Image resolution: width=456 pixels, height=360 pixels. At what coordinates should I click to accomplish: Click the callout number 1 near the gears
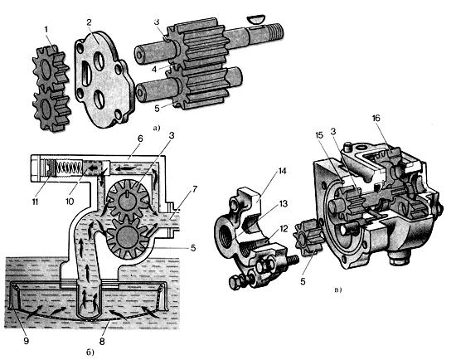point(46,29)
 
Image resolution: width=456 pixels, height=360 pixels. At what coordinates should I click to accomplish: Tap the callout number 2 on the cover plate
point(89,22)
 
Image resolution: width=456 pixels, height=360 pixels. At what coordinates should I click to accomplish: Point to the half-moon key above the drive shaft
point(255,20)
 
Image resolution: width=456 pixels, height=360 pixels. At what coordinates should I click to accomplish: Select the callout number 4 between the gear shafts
point(154,70)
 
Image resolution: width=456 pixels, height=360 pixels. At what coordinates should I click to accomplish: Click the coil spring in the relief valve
point(70,168)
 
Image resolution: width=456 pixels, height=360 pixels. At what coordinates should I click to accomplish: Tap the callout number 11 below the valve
point(35,202)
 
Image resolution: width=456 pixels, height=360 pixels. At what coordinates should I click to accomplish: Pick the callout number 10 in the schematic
point(70,202)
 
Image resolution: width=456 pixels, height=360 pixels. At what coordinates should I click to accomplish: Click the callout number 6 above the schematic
point(140,139)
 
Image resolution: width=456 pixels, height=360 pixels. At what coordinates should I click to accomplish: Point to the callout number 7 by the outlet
point(194,189)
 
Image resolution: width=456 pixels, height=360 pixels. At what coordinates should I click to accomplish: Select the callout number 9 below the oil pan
point(27,340)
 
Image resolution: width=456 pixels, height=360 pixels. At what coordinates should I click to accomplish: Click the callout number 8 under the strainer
point(102,341)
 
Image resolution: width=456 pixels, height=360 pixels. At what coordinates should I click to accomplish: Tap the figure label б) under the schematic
point(90,353)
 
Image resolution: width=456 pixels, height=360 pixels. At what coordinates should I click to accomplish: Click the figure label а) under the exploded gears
point(157,128)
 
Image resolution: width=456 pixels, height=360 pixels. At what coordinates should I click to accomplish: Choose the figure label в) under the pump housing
point(337,289)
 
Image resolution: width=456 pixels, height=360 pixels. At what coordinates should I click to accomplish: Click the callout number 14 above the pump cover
point(282,171)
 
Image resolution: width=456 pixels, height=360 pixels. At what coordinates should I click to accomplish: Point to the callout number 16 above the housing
point(376,118)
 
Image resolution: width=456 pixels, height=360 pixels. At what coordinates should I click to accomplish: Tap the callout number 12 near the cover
point(284,229)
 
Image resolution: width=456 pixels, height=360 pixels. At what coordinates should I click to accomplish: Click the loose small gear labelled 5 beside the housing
point(308,238)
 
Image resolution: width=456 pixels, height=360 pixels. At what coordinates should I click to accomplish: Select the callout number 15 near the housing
point(320,134)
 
